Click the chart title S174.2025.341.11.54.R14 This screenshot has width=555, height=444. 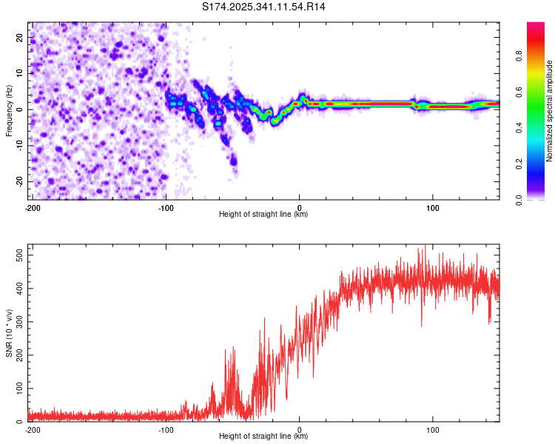click(263, 7)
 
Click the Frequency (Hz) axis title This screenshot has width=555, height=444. click(9, 110)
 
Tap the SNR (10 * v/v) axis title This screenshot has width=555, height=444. click(9, 334)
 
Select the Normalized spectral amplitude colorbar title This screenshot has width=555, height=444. click(551, 111)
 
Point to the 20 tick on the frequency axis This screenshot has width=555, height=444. click(21, 36)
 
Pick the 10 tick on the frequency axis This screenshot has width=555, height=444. click(21, 73)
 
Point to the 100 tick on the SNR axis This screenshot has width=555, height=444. click(18, 388)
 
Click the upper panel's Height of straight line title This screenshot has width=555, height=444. click(263, 215)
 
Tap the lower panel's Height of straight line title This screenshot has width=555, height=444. click(263, 437)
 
